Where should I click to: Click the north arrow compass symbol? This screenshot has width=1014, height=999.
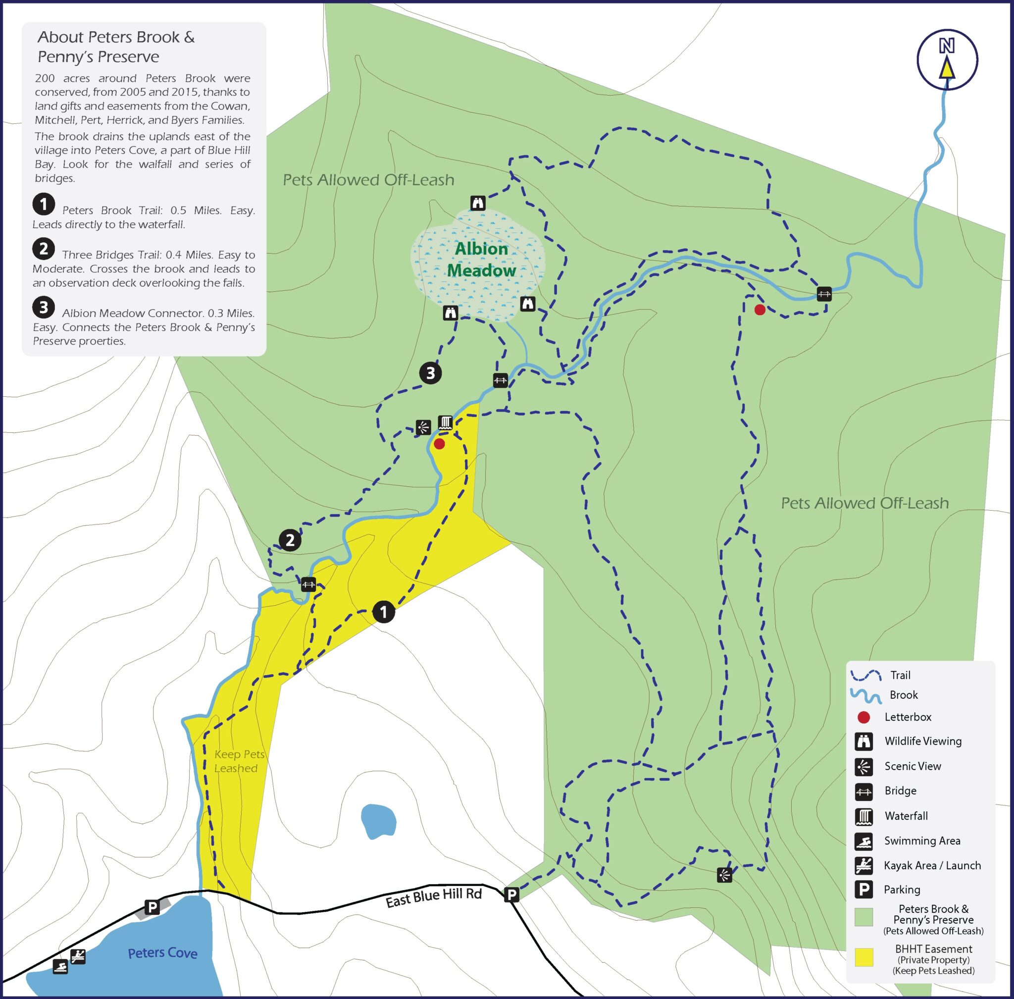pos(947,59)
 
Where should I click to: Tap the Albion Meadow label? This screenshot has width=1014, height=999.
pos(481,259)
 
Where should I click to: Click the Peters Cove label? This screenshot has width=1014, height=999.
pos(162,952)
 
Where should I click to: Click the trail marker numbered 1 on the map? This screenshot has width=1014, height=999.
pos(383,612)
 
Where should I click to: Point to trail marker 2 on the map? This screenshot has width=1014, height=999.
pos(290,540)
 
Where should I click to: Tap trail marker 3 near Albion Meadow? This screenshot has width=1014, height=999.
pos(430,373)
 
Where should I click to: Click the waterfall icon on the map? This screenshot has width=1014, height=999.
pos(445,422)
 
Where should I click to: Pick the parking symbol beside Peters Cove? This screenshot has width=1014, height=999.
pos(152,907)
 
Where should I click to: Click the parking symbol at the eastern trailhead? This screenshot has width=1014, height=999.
pos(511,894)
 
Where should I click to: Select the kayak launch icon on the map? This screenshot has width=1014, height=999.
pos(78,956)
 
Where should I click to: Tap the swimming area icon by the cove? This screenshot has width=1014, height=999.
pos(60,966)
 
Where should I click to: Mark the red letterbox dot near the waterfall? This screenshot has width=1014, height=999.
pos(440,444)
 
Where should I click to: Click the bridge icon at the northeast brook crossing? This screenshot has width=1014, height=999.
pos(824,294)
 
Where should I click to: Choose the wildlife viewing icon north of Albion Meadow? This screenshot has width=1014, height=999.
pos(477,203)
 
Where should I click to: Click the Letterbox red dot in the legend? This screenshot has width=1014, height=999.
pos(863,717)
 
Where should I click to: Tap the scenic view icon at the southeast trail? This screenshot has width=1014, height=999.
pos(724,875)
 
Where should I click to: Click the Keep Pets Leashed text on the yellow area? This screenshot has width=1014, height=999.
pos(239,761)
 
